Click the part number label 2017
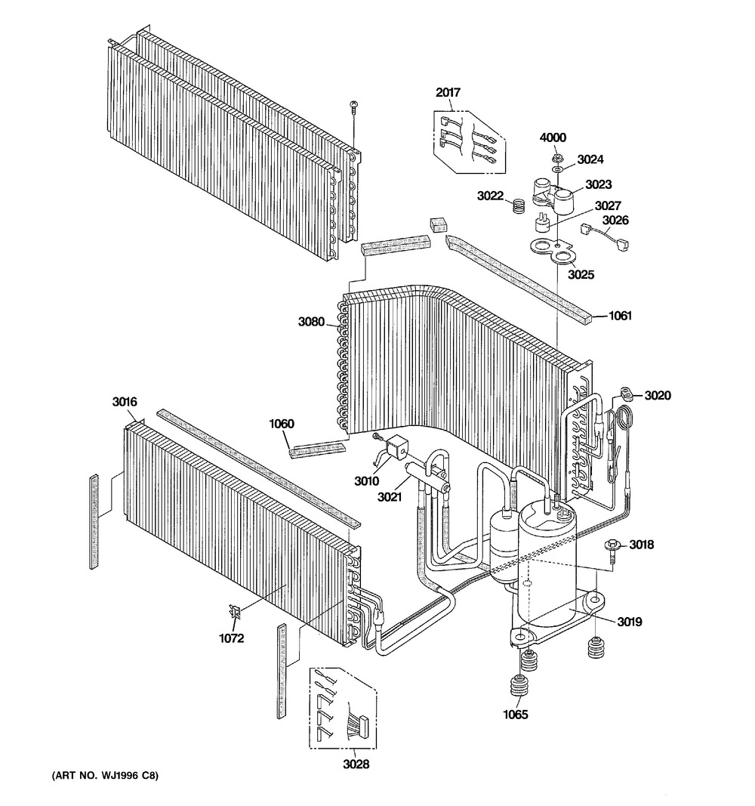pos(448,93)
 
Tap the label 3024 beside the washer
pos(591,159)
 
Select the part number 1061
pos(621,316)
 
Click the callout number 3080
pos(311,323)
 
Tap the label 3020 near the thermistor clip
pos(658,395)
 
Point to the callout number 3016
pos(125,402)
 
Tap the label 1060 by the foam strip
pos(281,424)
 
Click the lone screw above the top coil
pos(353,108)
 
